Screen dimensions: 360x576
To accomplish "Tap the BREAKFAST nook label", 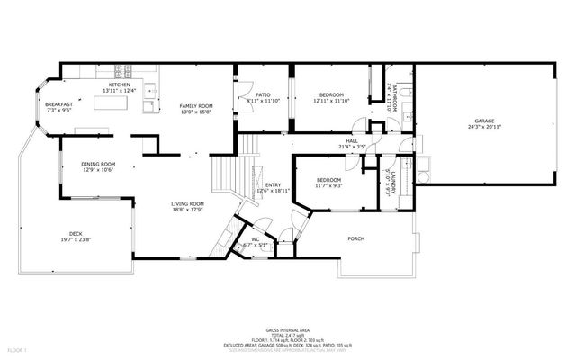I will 58,104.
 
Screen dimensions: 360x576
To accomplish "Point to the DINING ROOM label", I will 97,164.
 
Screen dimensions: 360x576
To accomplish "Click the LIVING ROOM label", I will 189,204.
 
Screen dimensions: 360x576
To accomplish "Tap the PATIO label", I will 264,94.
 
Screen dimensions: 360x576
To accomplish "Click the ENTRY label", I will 273,185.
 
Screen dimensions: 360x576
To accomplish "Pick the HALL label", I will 352,139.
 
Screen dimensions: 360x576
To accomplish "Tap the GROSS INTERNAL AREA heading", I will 290,331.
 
